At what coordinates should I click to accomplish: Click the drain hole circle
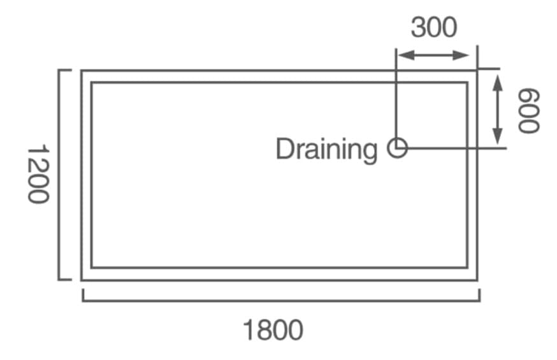click(398, 148)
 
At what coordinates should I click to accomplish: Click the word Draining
click(326, 150)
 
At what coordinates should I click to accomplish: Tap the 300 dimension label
click(433, 27)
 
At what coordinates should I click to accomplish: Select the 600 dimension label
click(528, 110)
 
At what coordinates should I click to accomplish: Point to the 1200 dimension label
click(38, 173)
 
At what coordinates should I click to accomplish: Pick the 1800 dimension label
click(273, 330)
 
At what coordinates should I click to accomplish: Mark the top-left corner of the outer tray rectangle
click(82, 71)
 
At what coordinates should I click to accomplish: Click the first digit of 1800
click(248, 330)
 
